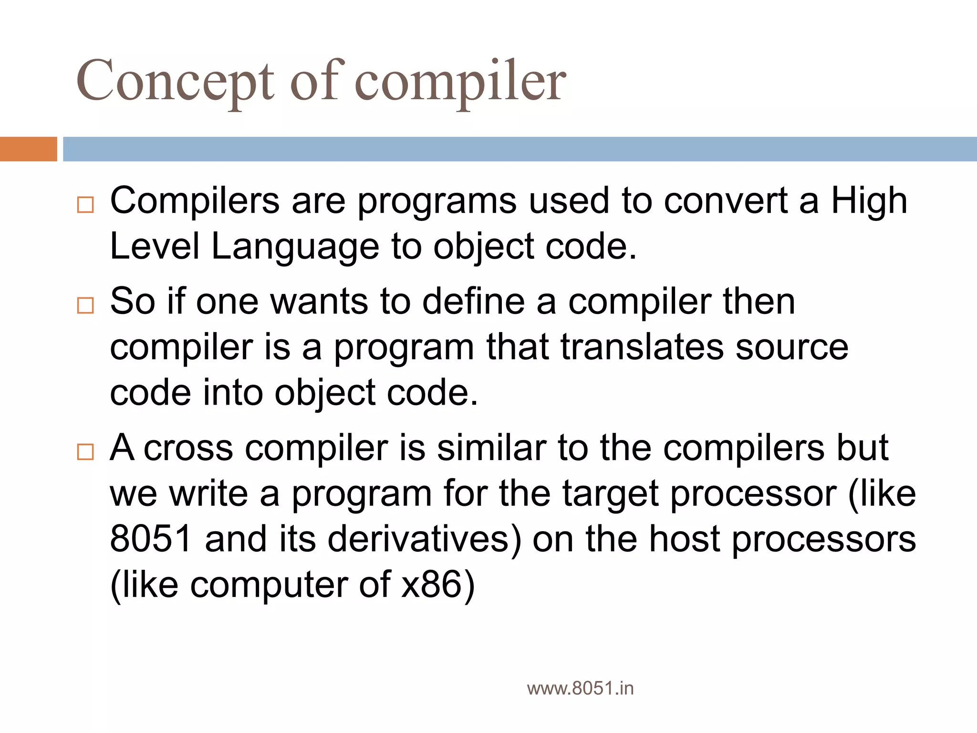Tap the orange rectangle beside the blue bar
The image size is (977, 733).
[x=28, y=149]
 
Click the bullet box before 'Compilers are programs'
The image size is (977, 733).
[x=85, y=205]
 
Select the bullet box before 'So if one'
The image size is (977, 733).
[x=85, y=305]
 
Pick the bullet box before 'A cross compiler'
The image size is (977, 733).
[x=85, y=451]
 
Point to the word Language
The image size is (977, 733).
[x=295, y=247]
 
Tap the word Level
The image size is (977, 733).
[x=155, y=247]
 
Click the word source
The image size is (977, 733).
[x=792, y=347]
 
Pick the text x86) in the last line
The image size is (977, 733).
[x=438, y=585]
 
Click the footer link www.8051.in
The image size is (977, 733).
[x=580, y=689]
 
